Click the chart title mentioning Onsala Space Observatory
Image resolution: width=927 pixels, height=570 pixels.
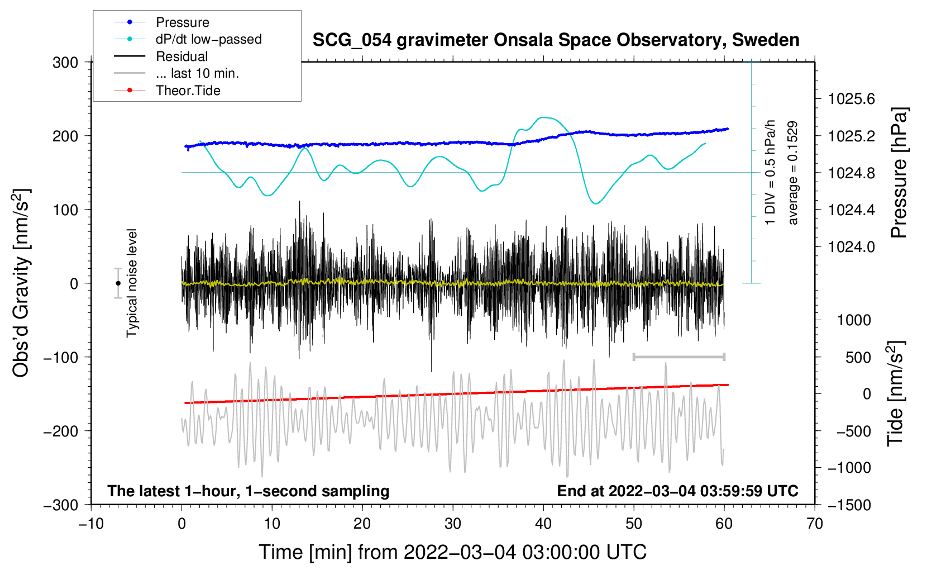click(x=556, y=40)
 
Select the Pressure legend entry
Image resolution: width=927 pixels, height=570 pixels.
click(x=182, y=22)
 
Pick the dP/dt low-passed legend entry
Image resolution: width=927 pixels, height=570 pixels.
click(x=208, y=39)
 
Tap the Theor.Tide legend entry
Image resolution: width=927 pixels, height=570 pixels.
click(x=188, y=91)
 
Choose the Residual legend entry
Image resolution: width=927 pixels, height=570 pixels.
click(x=181, y=56)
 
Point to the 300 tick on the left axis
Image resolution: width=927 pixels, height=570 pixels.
click(x=65, y=63)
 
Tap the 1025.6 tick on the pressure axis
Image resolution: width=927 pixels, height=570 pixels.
click(x=851, y=99)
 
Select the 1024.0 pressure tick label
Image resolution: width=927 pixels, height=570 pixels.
click(x=851, y=247)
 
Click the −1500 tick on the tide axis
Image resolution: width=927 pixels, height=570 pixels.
click(x=849, y=505)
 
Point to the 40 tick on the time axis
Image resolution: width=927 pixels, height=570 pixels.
click(x=543, y=524)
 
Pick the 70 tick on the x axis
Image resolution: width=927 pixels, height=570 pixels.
click(x=815, y=524)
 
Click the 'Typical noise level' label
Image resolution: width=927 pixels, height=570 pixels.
click(x=132, y=283)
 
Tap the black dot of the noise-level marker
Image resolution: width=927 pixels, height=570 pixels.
click(x=118, y=283)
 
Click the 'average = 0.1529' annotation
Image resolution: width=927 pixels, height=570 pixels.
click(x=792, y=173)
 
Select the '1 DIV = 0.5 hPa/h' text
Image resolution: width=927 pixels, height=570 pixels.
click(x=771, y=172)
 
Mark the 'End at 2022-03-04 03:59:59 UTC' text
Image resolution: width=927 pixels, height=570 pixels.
click(x=677, y=491)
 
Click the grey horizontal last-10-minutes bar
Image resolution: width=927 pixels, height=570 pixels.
click(x=678, y=357)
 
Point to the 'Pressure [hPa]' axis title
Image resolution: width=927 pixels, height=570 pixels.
click(x=899, y=173)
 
